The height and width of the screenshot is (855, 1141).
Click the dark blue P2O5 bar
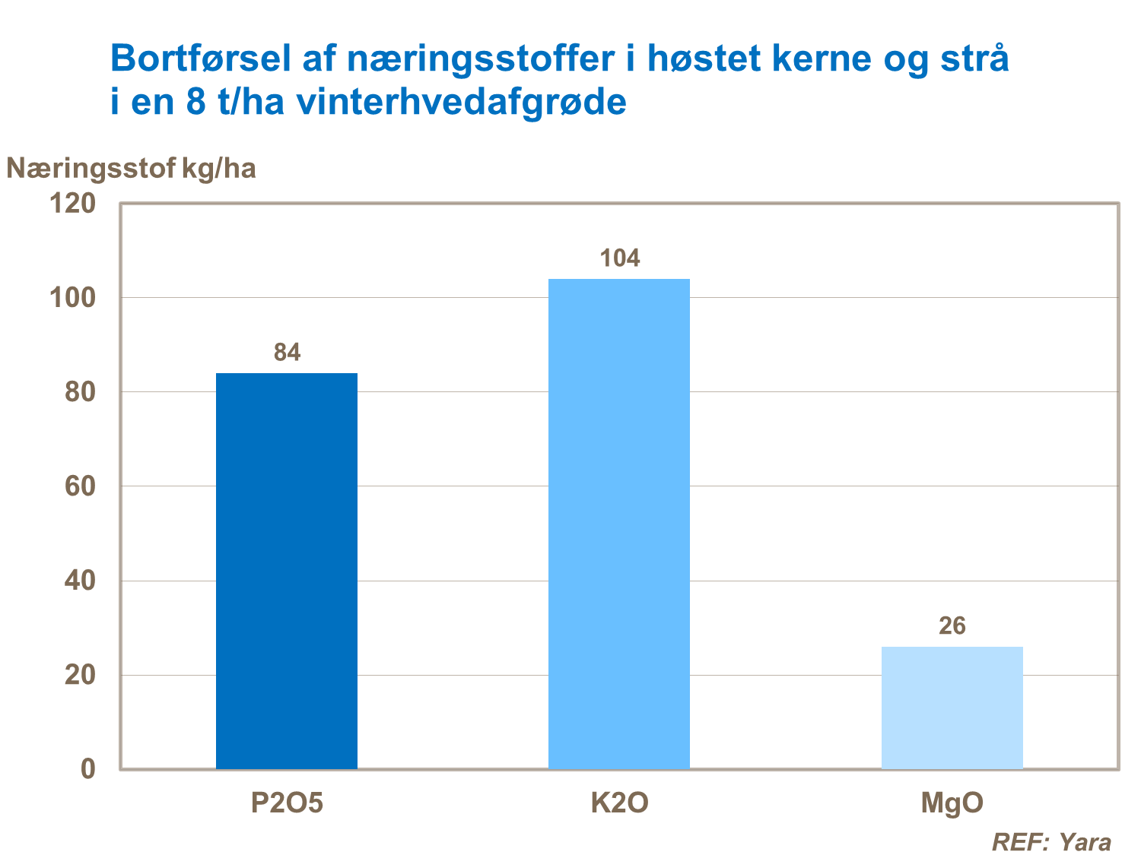287,570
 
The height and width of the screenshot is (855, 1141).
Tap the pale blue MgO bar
952,707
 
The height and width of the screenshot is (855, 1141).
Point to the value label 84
287,353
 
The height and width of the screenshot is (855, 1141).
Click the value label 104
619,258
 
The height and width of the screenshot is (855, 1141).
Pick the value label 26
952,626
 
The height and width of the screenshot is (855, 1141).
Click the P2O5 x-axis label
287,803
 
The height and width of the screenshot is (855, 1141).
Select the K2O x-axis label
619,803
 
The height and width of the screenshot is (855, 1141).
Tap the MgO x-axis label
952,803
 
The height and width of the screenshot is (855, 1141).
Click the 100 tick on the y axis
72,298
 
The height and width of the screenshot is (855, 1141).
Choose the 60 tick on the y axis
80,486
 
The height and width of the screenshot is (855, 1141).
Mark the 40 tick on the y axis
80,581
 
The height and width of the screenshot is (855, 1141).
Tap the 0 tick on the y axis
88,769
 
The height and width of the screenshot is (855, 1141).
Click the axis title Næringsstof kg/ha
131,168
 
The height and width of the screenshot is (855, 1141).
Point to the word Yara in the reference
1085,842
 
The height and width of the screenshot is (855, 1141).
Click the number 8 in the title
195,102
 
